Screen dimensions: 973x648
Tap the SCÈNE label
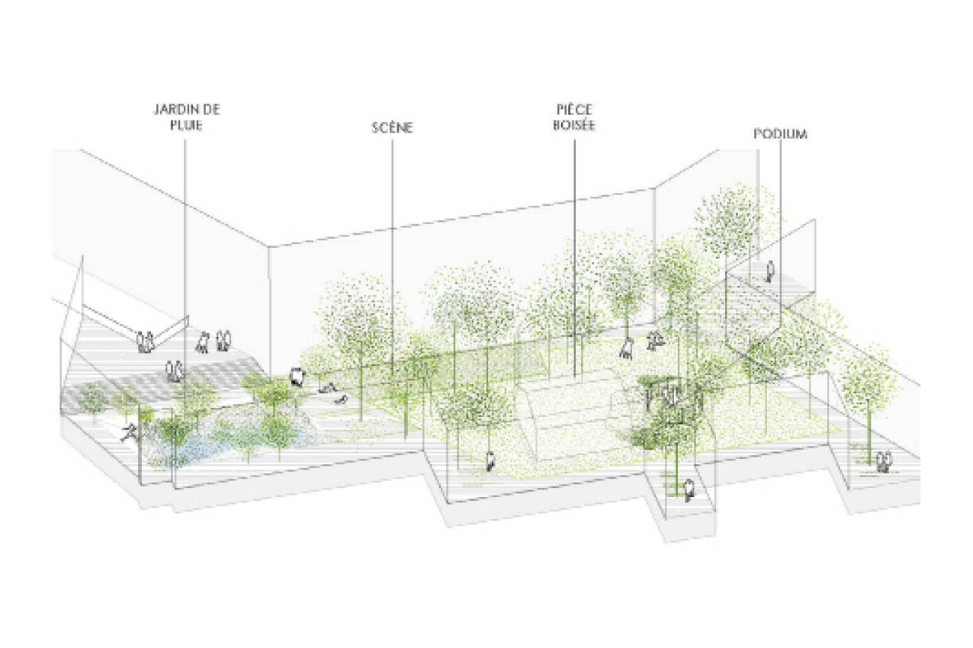coord(392,128)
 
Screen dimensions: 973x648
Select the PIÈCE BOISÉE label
coord(575,117)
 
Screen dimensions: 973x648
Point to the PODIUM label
coord(780,134)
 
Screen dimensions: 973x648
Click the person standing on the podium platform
coord(770,271)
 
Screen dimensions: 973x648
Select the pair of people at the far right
coord(884,461)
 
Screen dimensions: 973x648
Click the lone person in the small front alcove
coord(689,490)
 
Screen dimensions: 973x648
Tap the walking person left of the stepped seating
coord(491,460)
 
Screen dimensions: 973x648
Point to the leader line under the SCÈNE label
coord(392,229)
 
